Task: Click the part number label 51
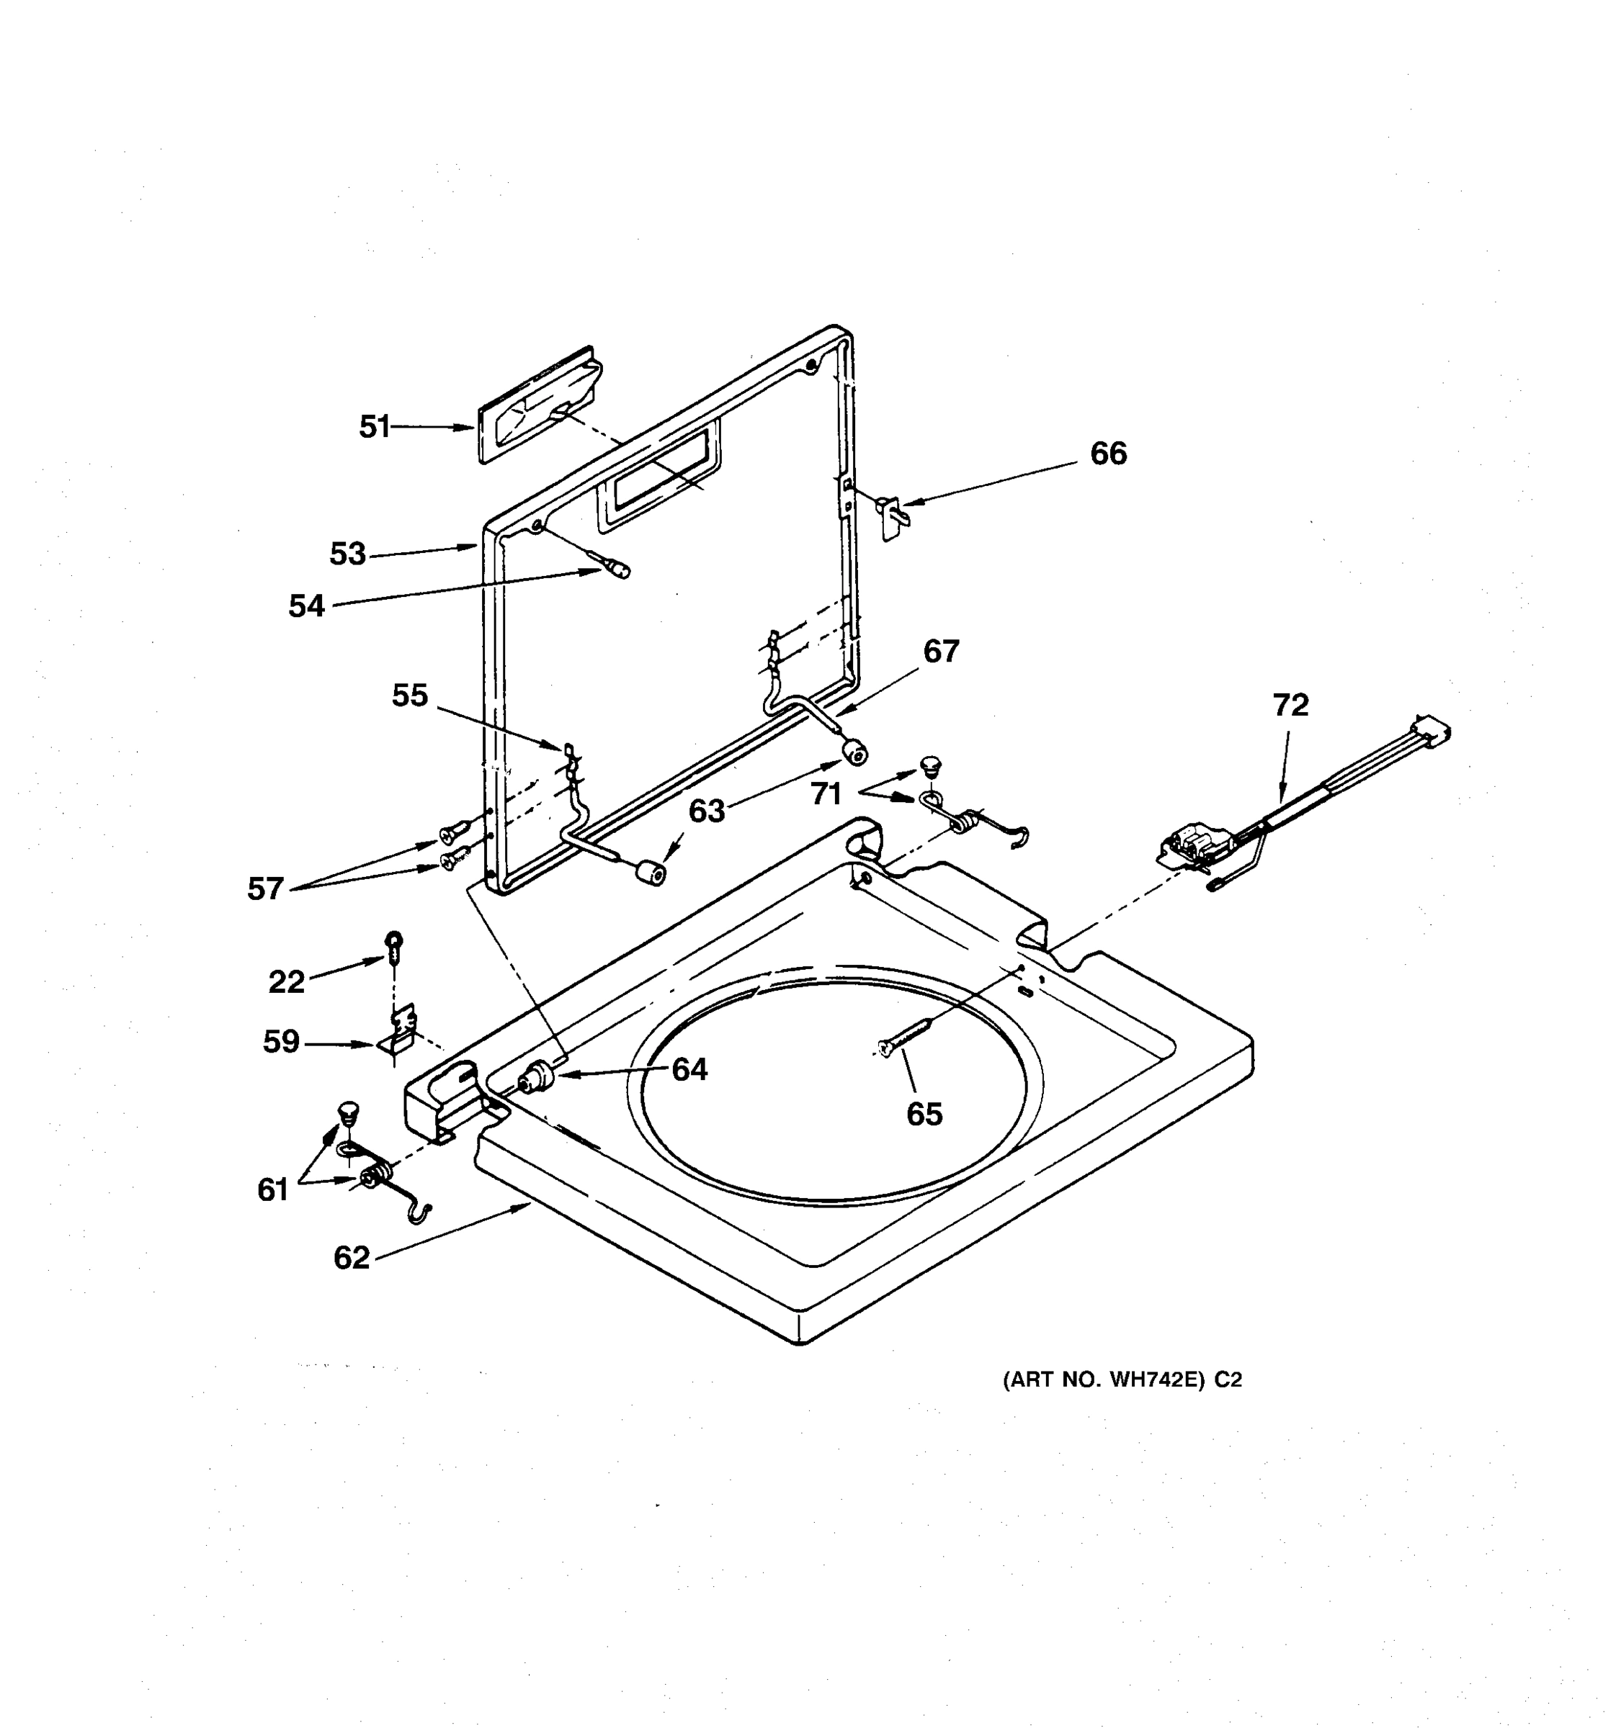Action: point(374,427)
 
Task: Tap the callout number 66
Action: point(1108,453)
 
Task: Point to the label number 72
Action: point(1290,705)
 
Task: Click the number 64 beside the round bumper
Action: point(689,1069)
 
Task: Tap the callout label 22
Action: point(286,982)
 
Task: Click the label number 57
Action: point(265,888)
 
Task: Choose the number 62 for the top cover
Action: point(352,1258)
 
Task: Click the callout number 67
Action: point(941,651)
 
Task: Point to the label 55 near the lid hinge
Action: point(410,695)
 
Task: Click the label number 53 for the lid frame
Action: point(347,554)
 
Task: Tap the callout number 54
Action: point(306,606)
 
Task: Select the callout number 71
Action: point(826,793)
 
